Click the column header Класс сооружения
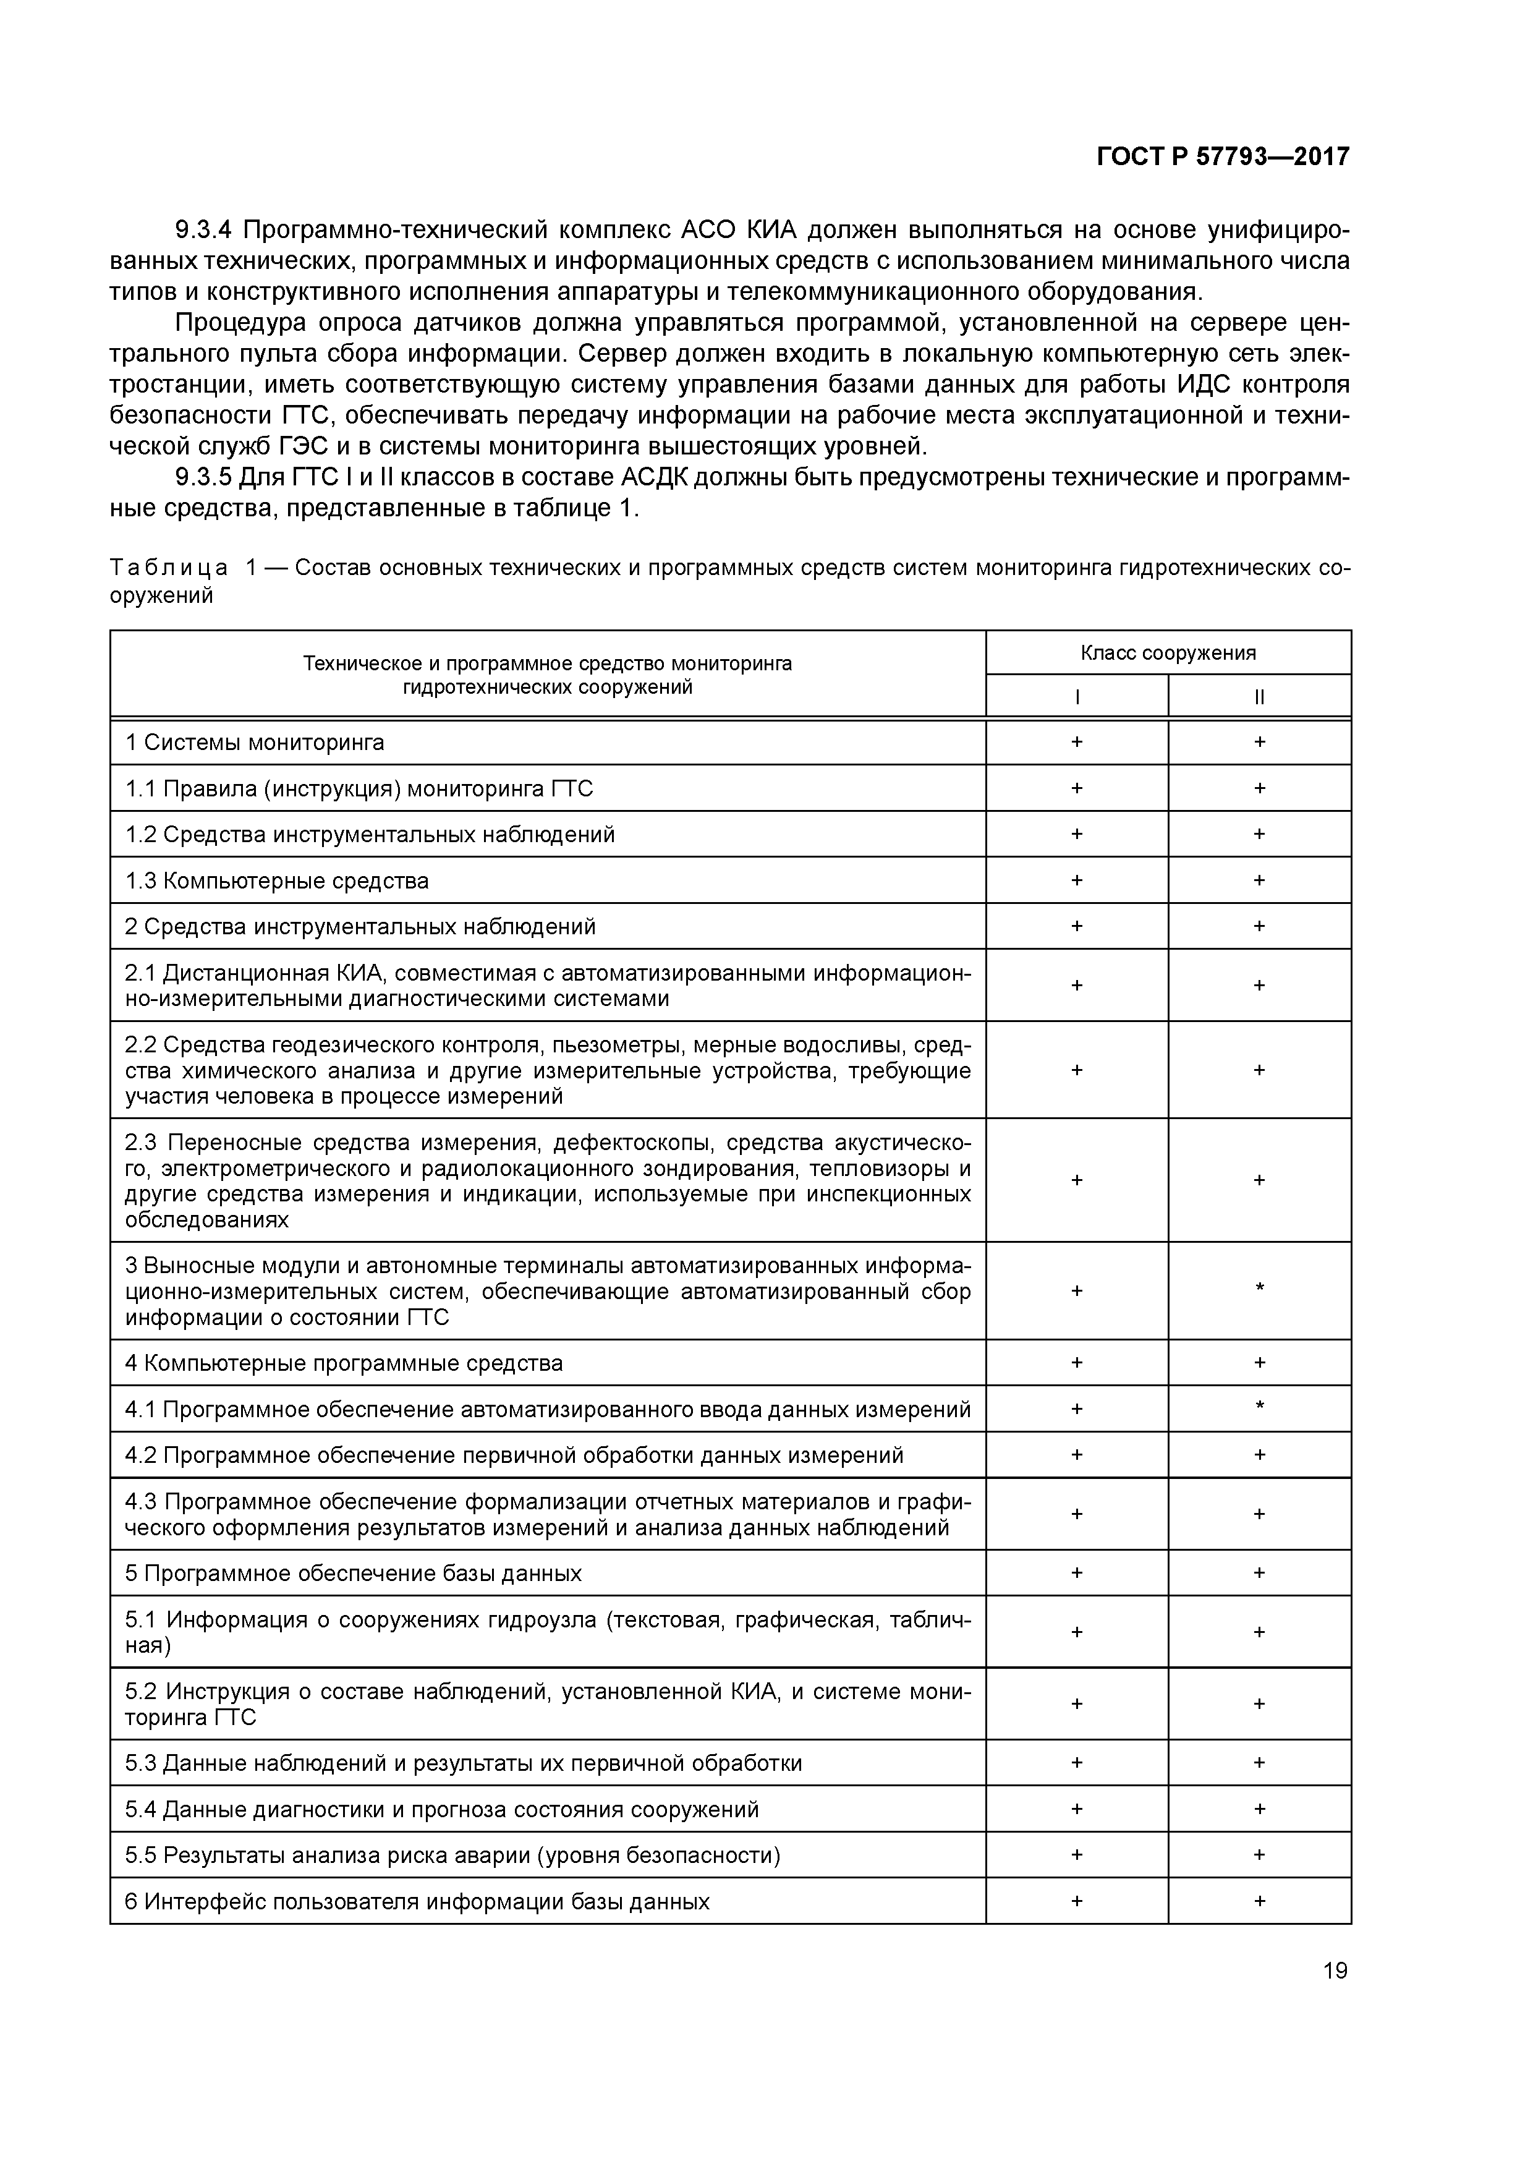(1168, 653)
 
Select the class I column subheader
(1077, 697)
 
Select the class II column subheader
(1259, 697)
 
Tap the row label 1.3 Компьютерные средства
(277, 880)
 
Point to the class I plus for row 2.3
(1077, 1180)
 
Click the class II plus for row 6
(1259, 1901)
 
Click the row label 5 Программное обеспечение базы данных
(353, 1573)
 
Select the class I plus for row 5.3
(1077, 1763)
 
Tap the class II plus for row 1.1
(1259, 788)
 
